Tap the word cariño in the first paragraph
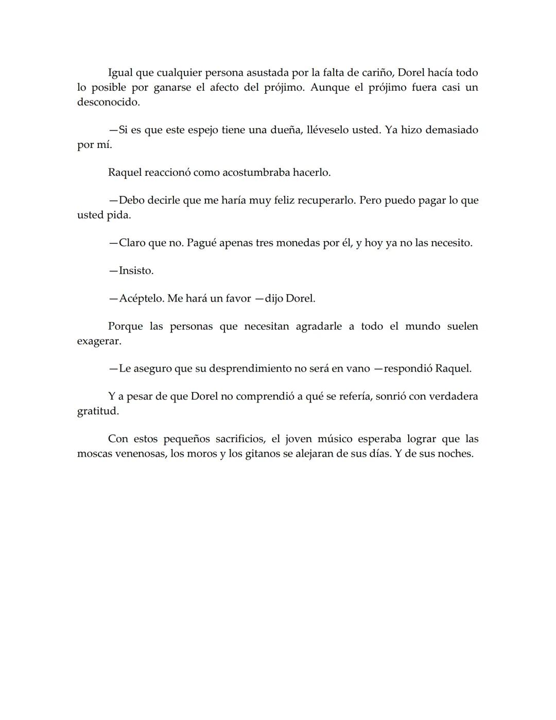coord(375,73)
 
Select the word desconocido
coord(108,102)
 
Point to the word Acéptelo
coord(141,298)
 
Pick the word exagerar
coord(99,341)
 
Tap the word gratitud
coord(98,411)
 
